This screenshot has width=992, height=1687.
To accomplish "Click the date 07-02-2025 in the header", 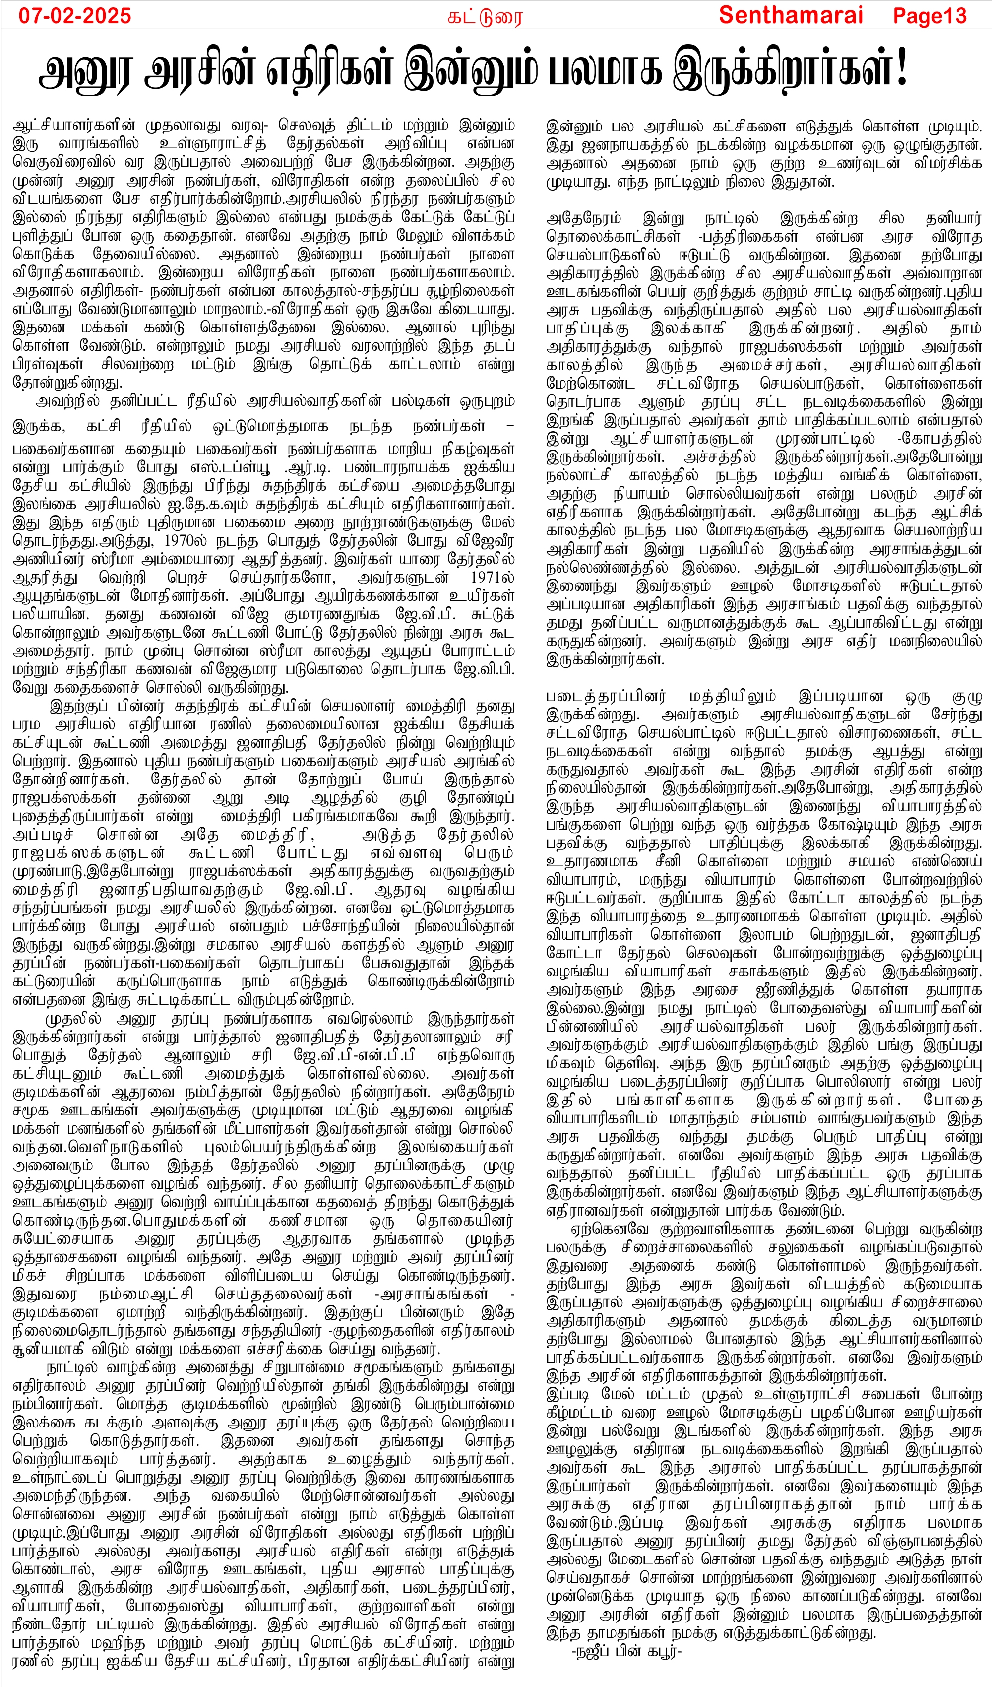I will [x=74, y=15].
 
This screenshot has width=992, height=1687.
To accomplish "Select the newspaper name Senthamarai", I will [x=791, y=15].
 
